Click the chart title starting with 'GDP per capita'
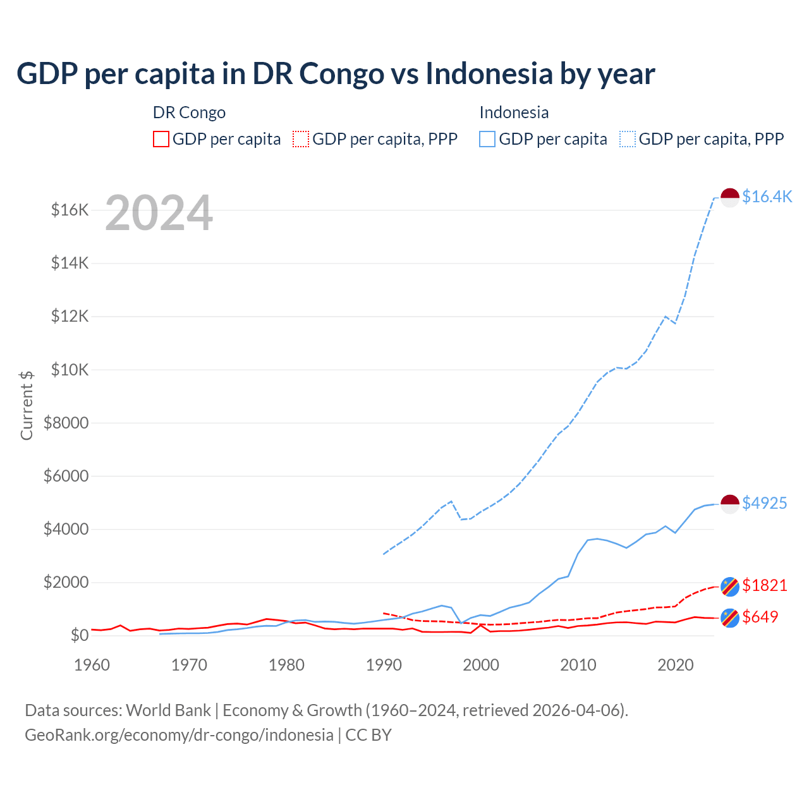click(x=336, y=73)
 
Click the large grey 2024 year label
click(x=159, y=213)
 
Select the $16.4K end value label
click(x=767, y=197)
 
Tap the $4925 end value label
click(x=764, y=503)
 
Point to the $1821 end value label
click(x=764, y=585)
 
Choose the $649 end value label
click(x=760, y=617)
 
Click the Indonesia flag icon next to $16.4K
click(x=730, y=197)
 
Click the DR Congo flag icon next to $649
click(x=730, y=617)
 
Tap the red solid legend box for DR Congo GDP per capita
click(x=161, y=139)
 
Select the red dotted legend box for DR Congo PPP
click(x=301, y=139)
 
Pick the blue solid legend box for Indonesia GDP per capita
click(x=487, y=139)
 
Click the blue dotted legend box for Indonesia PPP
click(x=628, y=139)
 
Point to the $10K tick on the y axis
click(x=70, y=370)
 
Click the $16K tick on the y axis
click(x=70, y=210)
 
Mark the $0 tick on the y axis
click(x=79, y=635)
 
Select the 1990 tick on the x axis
click(x=384, y=665)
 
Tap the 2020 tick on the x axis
click(x=676, y=665)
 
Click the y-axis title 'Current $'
click(x=27, y=406)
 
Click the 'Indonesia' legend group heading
click(x=514, y=113)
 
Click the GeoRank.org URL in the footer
click(x=179, y=735)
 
